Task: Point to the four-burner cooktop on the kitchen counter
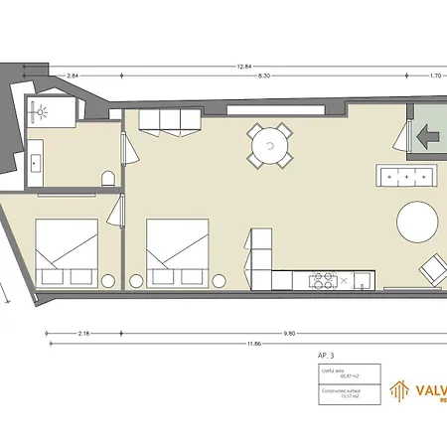[x=323, y=280]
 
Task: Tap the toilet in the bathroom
[x=107, y=179]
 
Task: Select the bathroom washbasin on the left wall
[x=35, y=159]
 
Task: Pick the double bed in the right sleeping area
[x=178, y=251]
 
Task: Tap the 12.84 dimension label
[x=243, y=66]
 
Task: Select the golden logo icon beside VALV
[x=398, y=392]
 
